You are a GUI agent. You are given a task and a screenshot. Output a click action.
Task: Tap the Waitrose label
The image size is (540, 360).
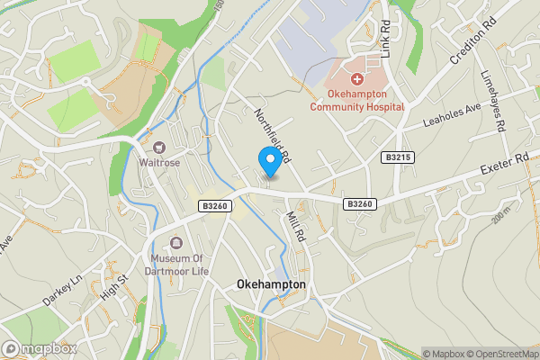tap(159, 164)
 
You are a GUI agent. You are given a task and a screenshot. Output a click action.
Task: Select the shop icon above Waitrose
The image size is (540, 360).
tap(159, 148)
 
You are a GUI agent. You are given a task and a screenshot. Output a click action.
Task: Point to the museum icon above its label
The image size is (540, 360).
tap(175, 242)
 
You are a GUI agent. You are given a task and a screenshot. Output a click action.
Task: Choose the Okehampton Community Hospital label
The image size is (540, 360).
tap(356, 100)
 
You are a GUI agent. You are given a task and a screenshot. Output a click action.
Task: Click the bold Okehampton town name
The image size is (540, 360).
tap(271, 284)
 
